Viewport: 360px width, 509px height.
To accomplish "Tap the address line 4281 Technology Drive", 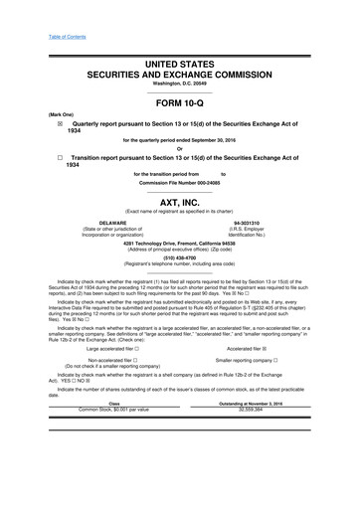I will tap(179, 242).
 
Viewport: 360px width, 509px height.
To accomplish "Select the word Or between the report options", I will tap(180, 148).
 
